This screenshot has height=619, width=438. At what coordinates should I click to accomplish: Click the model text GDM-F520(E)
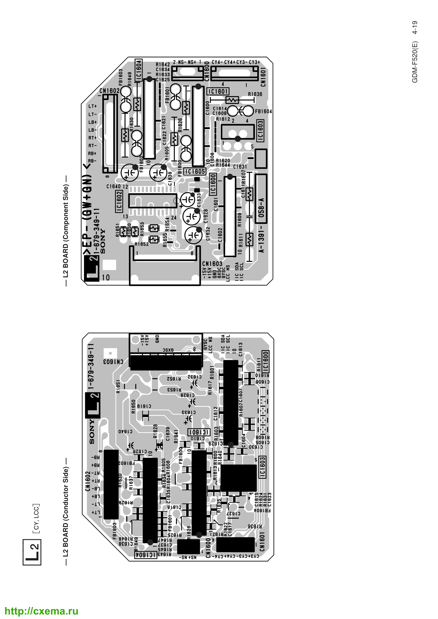tap(415, 62)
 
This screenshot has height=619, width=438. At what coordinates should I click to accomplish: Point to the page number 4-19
tap(415, 27)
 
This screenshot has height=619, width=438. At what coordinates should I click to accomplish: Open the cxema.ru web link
tap(42, 611)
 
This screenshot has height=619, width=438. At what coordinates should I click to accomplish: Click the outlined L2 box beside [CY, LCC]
tap(32, 552)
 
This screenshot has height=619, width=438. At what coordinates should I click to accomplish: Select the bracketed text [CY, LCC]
tap(36, 518)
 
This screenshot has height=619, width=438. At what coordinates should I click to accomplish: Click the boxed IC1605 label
tap(194, 171)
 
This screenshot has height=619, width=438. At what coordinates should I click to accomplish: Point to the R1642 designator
tap(163, 64)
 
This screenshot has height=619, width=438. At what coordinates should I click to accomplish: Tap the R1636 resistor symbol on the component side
tap(232, 100)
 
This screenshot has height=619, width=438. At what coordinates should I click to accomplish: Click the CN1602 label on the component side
tap(109, 91)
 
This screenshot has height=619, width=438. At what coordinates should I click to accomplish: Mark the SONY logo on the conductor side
tap(92, 431)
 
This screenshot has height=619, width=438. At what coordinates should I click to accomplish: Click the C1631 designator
tap(240, 167)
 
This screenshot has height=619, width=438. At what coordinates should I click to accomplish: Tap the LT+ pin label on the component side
tap(92, 106)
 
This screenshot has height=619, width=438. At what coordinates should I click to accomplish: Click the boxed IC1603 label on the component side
tap(260, 131)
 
